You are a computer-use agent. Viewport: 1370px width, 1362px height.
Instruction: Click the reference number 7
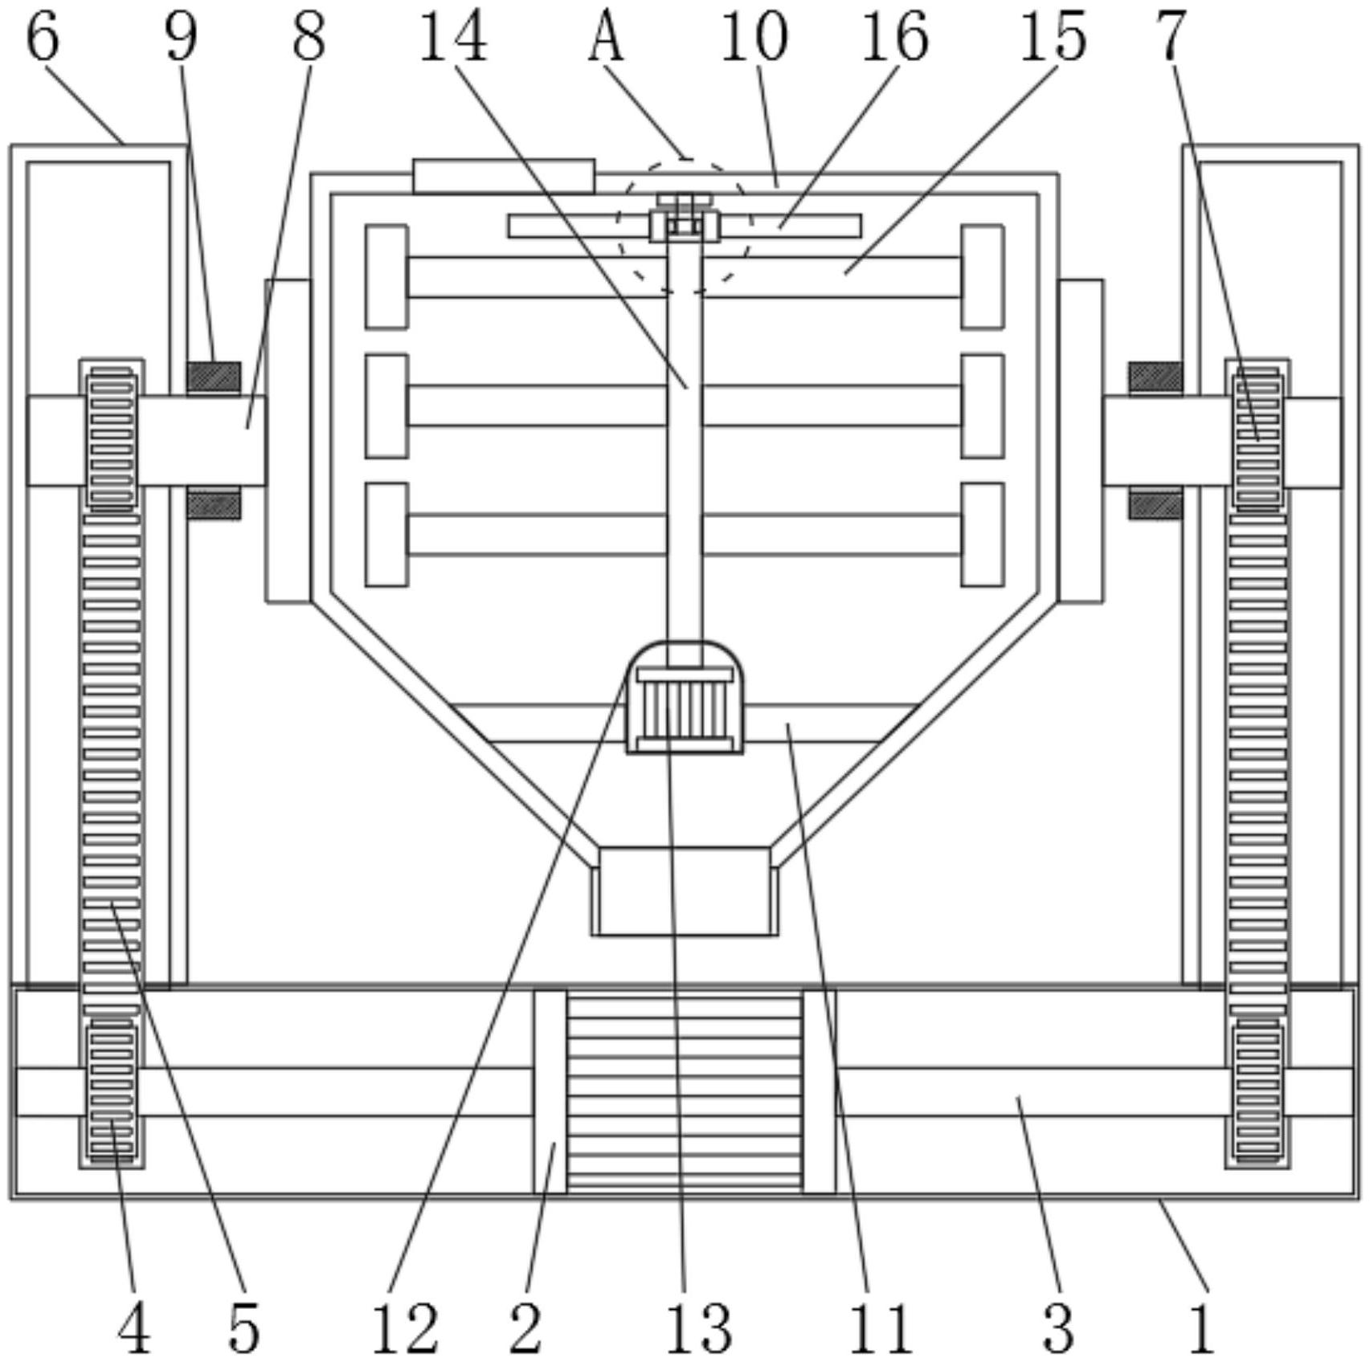pyautogui.click(x=1172, y=37)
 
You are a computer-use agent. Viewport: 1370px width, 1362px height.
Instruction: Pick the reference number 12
pyautogui.click(x=405, y=1327)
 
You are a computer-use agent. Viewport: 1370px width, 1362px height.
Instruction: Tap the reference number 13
pyautogui.click(x=698, y=1327)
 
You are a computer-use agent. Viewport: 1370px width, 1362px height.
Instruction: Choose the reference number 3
pyautogui.click(x=1057, y=1327)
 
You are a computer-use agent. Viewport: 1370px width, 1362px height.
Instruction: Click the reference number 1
pyautogui.click(x=1200, y=1327)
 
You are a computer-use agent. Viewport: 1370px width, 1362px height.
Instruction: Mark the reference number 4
pyautogui.click(x=133, y=1327)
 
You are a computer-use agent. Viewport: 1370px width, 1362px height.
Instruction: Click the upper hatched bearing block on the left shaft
pyautogui.click(x=214, y=377)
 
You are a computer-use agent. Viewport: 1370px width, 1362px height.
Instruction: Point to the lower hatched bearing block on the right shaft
pyautogui.click(x=1155, y=505)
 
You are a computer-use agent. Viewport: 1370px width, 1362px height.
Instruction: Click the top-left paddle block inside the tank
pyautogui.click(x=386, y=277)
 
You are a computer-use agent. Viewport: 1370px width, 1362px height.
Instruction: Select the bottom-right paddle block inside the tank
pyautogui.click(x=983, y=534)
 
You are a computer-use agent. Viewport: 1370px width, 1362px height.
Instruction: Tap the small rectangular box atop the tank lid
pyautogui.click(x=504, y=176)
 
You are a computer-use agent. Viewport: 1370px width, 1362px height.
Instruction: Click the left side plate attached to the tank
pyautogui.click(x=288, y=440)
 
